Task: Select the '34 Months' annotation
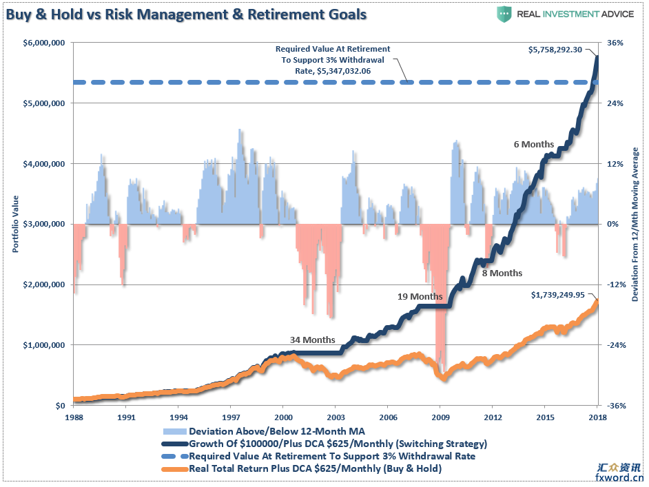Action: (x=312, y=340)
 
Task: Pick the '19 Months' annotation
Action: (x=420, y=296)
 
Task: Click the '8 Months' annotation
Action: (x=502, y=273)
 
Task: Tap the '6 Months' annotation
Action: (x=534, y=145)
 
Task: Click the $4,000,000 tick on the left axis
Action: (x=43, y=164)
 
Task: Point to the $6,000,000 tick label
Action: (x=43, y=43)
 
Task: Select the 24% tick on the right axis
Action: (x=615, y=103)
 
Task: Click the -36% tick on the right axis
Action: (x=615, y=406)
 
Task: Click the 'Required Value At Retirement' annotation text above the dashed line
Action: (x=333, y=60)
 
